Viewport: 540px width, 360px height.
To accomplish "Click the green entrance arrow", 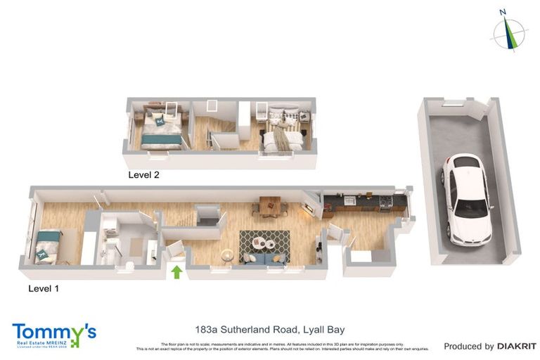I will tap(176, 271).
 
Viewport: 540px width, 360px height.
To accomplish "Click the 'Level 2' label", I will tap(143, 174).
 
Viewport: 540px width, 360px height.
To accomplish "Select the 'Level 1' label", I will tap(44, 288).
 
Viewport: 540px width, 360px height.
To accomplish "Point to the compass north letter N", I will tap(502, 12).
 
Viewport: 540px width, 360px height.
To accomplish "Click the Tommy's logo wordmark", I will tap(53, 331).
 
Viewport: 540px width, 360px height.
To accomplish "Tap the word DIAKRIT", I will tap(517, 346).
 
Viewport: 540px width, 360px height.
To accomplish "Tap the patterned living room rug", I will tap(264, 243).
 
